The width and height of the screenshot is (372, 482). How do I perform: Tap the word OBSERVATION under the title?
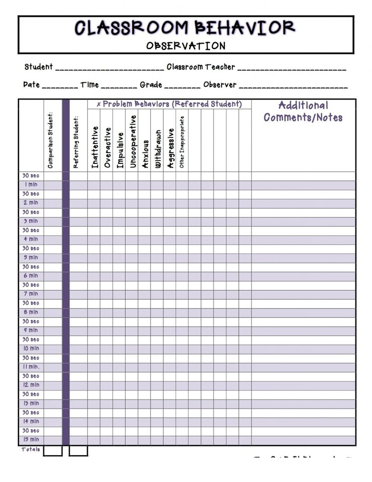point(186,46)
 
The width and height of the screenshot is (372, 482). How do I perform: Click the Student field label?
point(38,67)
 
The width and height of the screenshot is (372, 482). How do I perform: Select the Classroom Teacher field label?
point(201,67)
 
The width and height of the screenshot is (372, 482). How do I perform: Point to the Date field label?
point(31,85)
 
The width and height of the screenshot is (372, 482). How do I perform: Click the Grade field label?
point(151,85)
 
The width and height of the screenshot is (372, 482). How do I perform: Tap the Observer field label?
point(220,85)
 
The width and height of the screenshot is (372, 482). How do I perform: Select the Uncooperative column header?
point(133,141)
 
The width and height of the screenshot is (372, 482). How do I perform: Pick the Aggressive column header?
point(170,148)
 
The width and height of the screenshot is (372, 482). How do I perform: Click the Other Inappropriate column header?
point(182,142)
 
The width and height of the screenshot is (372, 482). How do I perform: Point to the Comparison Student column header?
point(51,140)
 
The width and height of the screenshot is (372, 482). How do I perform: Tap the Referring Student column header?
point(76,142)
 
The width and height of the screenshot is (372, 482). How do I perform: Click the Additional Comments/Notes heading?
point(303,111)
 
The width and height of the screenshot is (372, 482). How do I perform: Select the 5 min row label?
point(30,257)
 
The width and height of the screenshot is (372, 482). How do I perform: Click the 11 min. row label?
point(31,367)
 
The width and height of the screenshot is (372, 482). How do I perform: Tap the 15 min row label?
point(31,439)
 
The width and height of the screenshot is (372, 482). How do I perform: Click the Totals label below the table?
point(30,450)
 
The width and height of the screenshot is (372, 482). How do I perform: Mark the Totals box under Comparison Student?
point(53,451)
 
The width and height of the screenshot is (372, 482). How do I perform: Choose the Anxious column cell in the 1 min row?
point(144,185)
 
